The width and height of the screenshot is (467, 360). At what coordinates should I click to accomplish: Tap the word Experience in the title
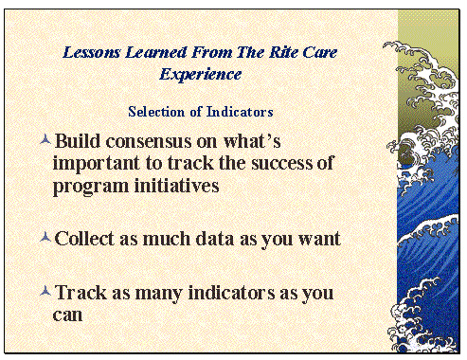[x=200, y=73]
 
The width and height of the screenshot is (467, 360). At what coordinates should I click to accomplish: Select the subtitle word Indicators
[x=236, y=112]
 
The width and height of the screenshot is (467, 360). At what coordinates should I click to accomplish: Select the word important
[x=96, y=165]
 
